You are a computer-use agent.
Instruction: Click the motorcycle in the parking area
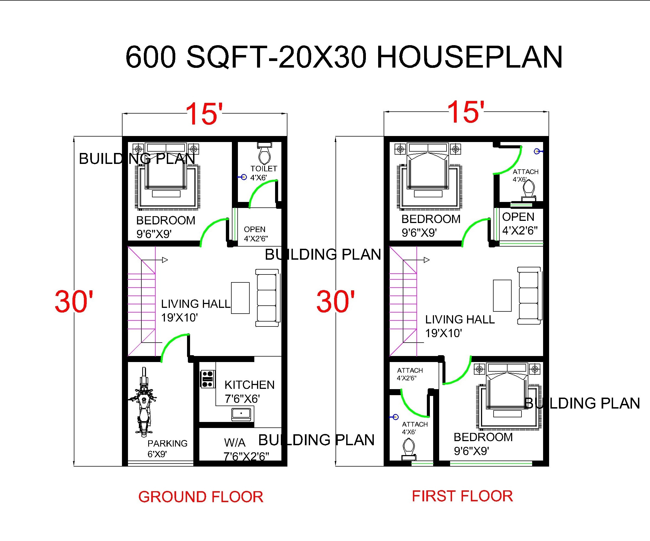pos(143,403)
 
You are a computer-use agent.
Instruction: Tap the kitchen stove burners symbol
pos(208,379)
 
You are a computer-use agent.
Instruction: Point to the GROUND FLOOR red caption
pos(200,497)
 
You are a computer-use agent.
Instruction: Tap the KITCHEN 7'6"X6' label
pos(249,392)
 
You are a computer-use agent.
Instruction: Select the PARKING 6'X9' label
pos(167,449)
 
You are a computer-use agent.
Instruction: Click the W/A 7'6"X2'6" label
pos(246,449)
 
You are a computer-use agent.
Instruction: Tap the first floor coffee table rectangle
pos(502,296)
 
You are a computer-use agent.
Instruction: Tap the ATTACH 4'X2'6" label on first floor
pos(410,374)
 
